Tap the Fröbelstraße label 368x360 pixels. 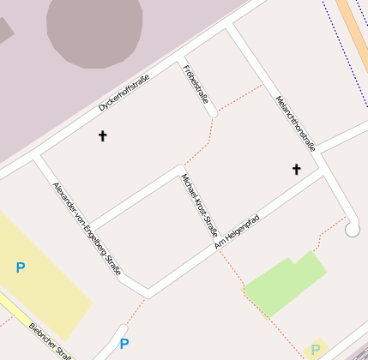click(196, 84)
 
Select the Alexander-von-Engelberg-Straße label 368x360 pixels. click(86, 227)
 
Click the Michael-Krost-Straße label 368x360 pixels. click(199, 206)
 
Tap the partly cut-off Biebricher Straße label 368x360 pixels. click(48, 340)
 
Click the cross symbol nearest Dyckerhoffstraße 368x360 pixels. click(103, 135)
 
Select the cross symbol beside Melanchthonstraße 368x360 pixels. click(297, 169)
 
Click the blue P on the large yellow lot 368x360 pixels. click(21, 268)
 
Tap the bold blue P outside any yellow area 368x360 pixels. click(124, 344)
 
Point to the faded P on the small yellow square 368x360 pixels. click(316, 350)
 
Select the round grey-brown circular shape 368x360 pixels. click(94, 29)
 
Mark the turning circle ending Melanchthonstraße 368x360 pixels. click(352, 229)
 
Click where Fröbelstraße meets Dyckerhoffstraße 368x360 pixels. click(182, 62)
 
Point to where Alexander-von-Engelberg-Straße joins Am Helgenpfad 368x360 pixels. click(148, 293)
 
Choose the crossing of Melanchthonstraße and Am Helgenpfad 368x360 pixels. click(322, 168)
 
